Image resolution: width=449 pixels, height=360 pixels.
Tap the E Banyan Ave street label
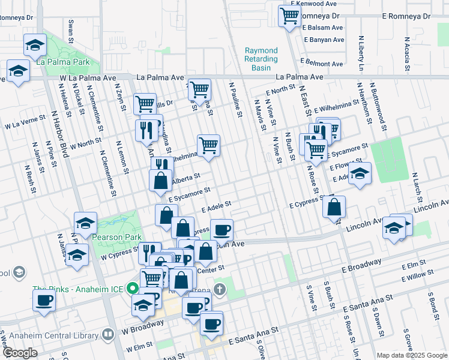324,40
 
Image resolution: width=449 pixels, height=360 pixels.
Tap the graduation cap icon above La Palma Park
35,44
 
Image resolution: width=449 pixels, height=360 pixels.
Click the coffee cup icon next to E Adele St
221,229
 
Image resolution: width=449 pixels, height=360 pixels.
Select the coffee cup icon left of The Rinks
44,300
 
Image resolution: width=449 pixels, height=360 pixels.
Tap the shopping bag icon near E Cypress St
335,206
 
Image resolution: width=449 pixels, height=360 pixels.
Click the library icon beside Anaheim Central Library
108,334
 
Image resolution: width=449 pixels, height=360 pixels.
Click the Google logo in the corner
20,352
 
